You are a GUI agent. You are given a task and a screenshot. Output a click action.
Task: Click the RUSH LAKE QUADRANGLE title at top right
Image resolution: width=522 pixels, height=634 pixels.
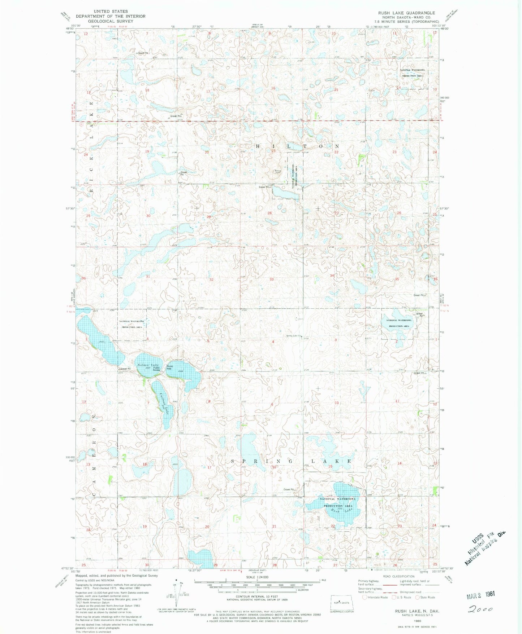pyautogui.click(x=406, y=13)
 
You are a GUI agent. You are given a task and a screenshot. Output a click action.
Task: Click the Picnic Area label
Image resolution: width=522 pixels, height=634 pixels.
pyautogui.click(x=170, y=367)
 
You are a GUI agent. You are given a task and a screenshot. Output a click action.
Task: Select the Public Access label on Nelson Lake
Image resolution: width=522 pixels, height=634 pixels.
pyautogui.click(x=156, y=369)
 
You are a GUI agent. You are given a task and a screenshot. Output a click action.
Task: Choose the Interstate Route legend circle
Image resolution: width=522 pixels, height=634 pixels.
pyautogui.click(x=365, y=597)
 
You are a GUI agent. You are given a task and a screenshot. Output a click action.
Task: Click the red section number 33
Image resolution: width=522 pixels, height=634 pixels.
pyautogui.click(x=271, y=279)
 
